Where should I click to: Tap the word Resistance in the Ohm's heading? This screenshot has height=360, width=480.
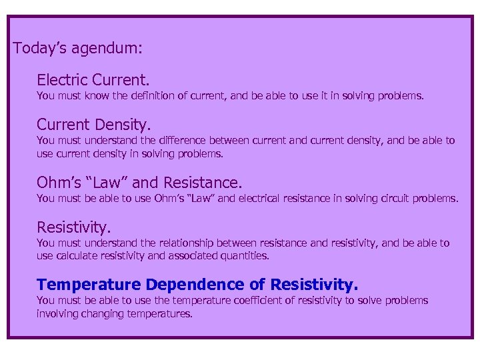pyautogui.click(x=203, y=182)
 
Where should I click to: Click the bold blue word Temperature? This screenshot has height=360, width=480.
pyautogui.click(x=89, y=285)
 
